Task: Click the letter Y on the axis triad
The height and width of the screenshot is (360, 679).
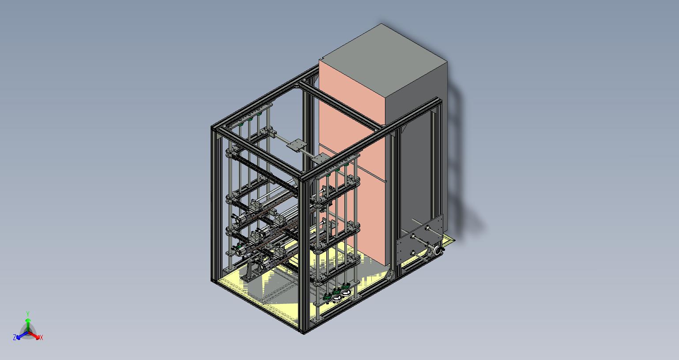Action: [x=27, y=314]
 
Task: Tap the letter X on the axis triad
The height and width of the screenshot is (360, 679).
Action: [x=41, y=337]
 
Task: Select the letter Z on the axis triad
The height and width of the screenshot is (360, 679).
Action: [x=15, y=337]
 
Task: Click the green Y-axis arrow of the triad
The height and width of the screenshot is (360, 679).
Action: [x=28, y=325]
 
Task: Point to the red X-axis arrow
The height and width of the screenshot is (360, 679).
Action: [x=34, y=335]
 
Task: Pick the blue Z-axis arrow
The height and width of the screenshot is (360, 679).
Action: [x=22, y=335]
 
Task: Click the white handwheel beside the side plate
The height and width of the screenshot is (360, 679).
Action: [x=437, y=250]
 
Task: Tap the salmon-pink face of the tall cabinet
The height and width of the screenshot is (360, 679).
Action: [x=351, y=158]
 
